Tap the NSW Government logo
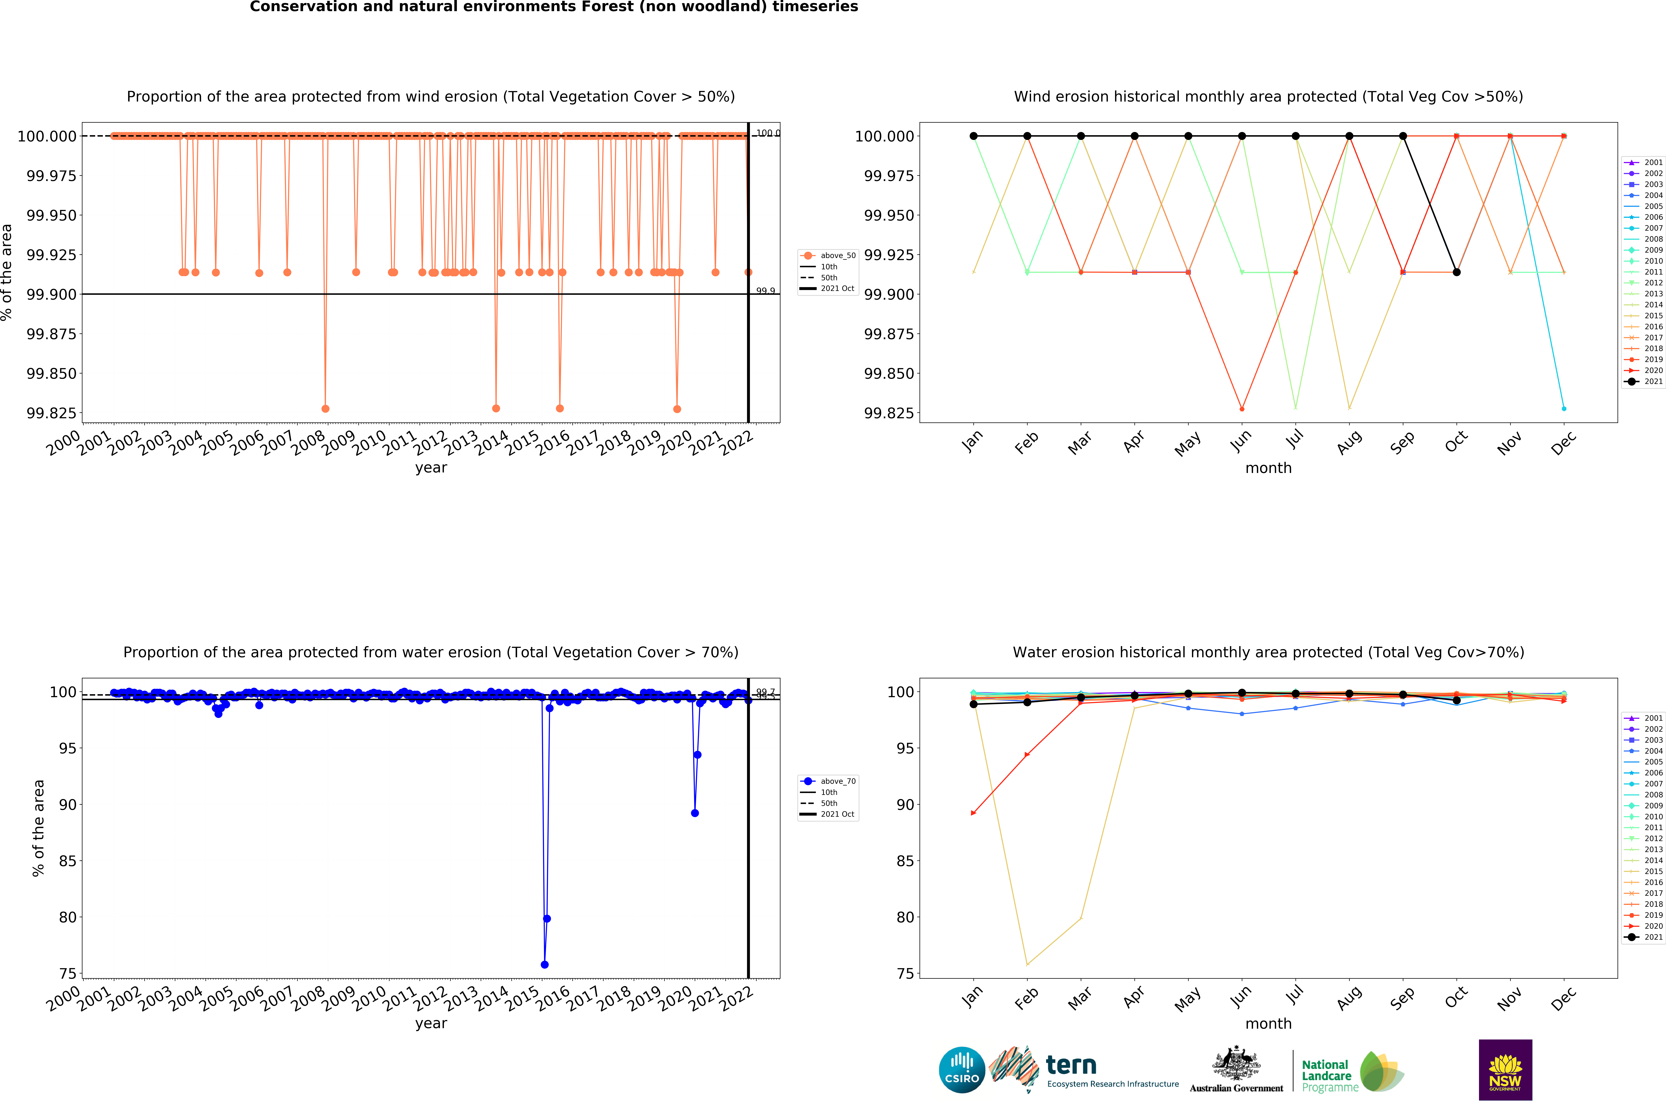pos(1505,1070)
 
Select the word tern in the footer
pos(1071,1065)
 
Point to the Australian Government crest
pos(1236,1063)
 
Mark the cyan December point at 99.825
pos(1564,409)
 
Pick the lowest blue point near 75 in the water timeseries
pos(545,965)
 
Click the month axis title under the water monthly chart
pos(1268,1024)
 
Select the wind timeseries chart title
pos(430,97)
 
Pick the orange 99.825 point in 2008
pos(325,409)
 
